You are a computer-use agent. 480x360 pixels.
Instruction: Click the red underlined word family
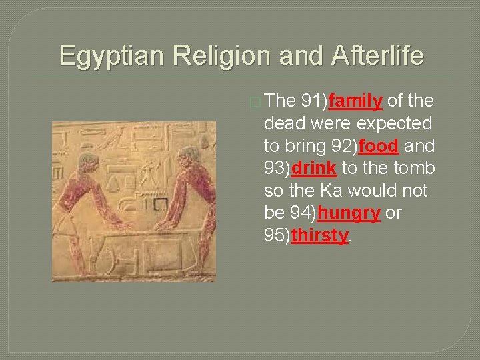tap(355, 101)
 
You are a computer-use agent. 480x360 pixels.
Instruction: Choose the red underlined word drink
tap(313, 169)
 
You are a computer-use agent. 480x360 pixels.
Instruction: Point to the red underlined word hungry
tap(349, 214)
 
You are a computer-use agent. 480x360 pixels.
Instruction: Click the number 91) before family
tap(314, 101)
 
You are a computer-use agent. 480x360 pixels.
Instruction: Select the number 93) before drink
tap(277, 169)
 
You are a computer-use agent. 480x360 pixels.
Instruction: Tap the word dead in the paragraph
tap(284, 124)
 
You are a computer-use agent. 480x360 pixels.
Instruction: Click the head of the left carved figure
tap(87, 162)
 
